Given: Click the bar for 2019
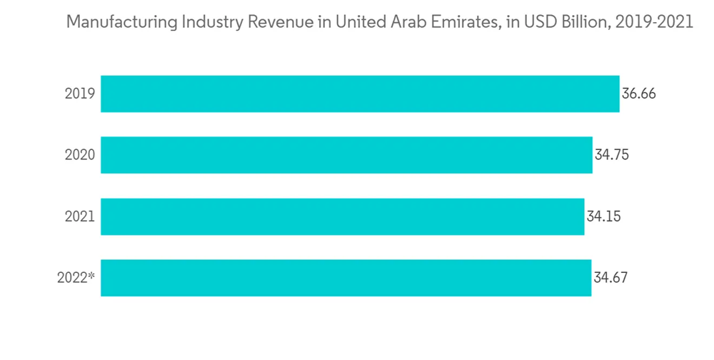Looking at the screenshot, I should pyautogui.click(x=360, y=94).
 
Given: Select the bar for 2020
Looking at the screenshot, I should pyautogui.click(x=346, y=155).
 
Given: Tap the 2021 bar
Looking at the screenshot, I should pyautogui.click(x=342, y=216).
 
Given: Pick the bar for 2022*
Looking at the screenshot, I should pyautogui.click(x=346, y=278).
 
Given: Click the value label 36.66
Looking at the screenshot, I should pyautogui.click(x=638, y=94).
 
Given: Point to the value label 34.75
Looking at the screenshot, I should pyautogui.click(x=611, y=155).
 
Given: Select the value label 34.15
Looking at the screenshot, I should pyautogui.click(x=603, y=216).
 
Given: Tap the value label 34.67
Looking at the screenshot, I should pyautogui.click(x=610, y=278).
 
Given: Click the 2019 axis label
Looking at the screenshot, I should pyautogui.click(x=79, y=94).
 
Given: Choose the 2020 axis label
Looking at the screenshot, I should pyautogui.click(x=79, y=155).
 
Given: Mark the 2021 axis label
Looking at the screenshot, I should pyautogui.click(x=79, y=216).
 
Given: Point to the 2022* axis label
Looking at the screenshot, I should pyautogui.click(x=76, y=278).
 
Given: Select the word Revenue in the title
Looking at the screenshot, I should pyautogui.click(x=273, y=23).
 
